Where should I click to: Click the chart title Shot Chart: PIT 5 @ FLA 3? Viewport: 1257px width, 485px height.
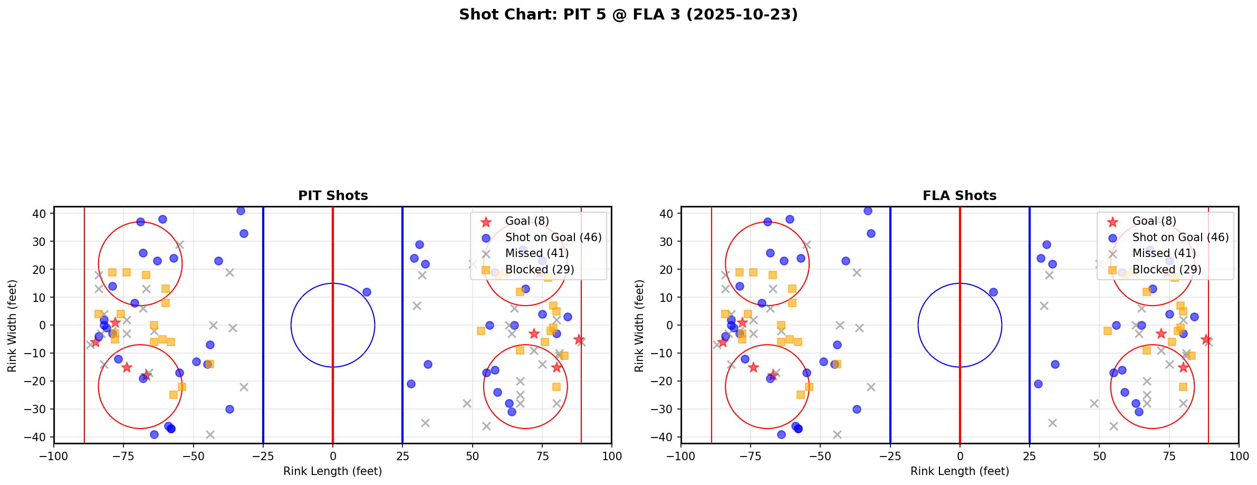point(628,14)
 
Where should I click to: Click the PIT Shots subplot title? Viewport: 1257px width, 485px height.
point(333,196)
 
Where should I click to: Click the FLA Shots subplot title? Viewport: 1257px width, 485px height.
point(959,196)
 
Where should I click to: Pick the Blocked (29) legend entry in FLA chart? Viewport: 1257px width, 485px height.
point(1167,270)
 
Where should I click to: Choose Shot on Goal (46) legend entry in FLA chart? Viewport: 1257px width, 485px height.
point(1181,237)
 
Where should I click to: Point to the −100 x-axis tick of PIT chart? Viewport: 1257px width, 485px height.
point(54,456)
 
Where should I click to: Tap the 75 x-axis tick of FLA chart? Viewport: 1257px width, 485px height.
point(1169,456)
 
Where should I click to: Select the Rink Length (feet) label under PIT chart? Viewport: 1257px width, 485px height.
point(333,471)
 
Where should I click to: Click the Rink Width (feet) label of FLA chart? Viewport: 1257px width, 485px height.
point(639,326)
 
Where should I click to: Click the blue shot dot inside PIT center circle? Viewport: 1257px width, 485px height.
point(367,292)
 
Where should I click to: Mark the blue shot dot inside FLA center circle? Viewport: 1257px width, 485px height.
point(993,292)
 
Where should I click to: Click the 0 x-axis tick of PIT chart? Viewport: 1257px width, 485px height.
point(333,456)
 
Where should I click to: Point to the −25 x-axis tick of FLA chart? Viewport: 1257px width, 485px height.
point(890,456)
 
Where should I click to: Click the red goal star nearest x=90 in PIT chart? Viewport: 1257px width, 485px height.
point(579,339)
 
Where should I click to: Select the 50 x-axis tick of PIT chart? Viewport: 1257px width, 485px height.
point(472,456)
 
